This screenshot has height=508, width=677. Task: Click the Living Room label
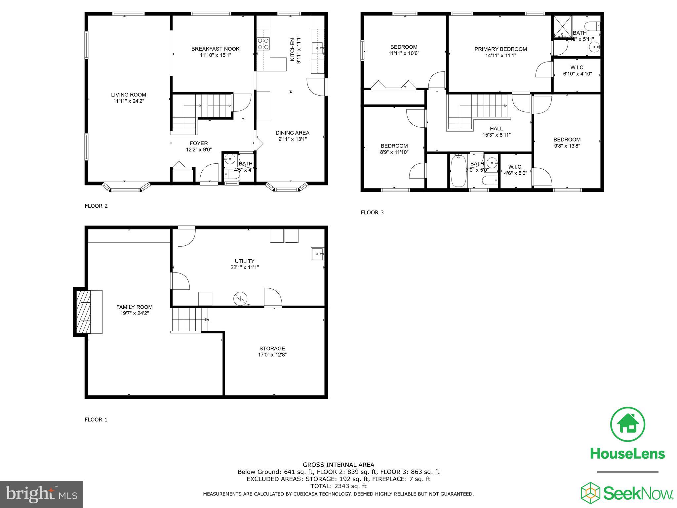click(129, 95)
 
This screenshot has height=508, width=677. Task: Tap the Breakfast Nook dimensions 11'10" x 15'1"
click(215, 55)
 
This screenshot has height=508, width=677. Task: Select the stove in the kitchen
click(263, 44)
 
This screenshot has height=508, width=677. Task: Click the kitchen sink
click(317, 49)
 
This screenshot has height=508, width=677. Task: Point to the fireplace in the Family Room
click(83, 312)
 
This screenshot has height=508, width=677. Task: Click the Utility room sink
click(317, 254)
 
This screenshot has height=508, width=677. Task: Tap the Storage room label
click(272, 348)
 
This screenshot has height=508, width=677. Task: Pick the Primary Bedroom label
click(500, 49)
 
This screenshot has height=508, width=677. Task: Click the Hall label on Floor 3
click(496, 129)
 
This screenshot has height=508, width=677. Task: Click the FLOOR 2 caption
click(96, 206)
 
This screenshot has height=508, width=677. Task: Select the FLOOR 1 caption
click(96, 419)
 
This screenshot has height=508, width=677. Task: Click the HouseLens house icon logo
click(627, 424)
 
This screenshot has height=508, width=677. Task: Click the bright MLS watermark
click(41, 494)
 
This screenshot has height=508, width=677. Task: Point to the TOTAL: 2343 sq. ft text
click(338, 486)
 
